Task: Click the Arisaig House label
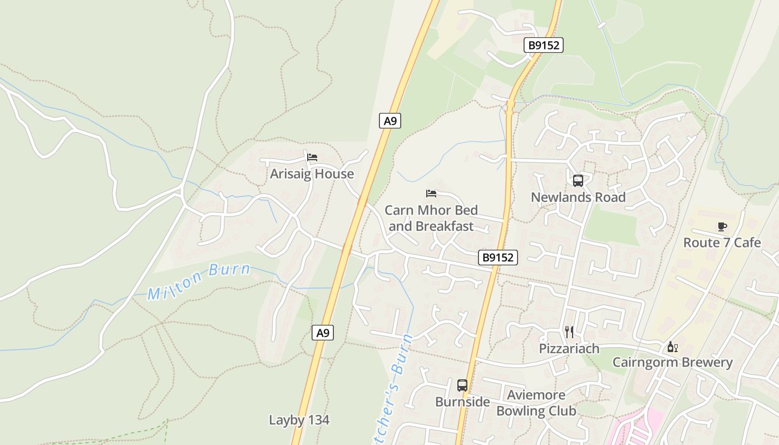[312, 174]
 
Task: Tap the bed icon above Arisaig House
[312, 157]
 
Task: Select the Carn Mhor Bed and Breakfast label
[431, 218]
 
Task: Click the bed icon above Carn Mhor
[431, 194]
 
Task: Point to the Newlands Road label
[578, 197]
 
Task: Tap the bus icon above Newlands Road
[578, 180]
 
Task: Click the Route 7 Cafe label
[722, 243]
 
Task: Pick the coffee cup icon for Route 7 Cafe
[722, 226]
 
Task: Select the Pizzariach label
[569, 349]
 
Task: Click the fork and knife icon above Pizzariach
[569, 332]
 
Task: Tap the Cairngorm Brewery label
[672, 363]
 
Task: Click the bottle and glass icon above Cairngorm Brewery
[672, 347]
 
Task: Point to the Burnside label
[462, 402]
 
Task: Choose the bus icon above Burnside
[462, 385]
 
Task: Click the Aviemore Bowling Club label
[536, 403]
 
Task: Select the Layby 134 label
[299, 420]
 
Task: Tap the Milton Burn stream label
[199, 282]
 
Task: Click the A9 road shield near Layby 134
[323, 333]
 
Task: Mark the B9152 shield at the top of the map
[544, 46]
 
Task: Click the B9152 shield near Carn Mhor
[498, 258]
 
